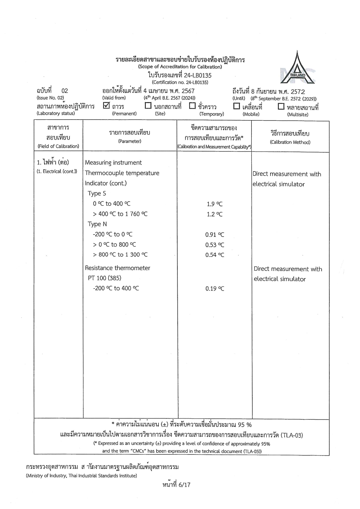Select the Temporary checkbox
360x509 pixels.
[192, 106]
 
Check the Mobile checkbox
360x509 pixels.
[237, 106]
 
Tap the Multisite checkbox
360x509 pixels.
[281, 107]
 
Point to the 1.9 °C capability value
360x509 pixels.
[215, 204]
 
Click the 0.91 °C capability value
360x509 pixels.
[215, 234]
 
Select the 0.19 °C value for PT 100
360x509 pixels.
[215, 288]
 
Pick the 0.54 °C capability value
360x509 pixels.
[215, 255]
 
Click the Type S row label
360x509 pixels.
[97, 194]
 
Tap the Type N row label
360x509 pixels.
[97, 224]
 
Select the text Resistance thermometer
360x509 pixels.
[118, 268]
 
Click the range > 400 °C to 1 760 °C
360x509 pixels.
[120, 214]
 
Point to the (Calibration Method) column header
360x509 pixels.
[290, 142]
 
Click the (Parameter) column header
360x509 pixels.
[129, 141]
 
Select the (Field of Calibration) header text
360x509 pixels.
[58, 146]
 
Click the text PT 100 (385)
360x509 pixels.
[105, 278]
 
